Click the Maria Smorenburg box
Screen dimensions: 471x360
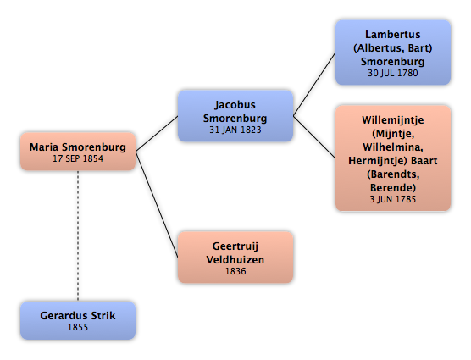coord(78,152)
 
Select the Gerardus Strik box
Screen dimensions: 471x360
coord(78,320)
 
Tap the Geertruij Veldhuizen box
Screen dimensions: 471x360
coord(235,257)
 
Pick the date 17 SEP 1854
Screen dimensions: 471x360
coord(78,158)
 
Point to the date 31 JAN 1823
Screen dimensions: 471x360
coord(235,130)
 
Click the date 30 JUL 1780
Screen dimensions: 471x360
coord(393,73)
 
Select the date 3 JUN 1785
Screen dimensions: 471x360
coord(393,199)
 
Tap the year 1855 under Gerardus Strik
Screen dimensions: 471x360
coord(78,327)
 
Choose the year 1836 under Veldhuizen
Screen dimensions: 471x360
coord(235,271)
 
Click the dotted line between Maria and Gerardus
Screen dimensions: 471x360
coord(78,236)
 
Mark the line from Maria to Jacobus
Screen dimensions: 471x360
coord(157,134)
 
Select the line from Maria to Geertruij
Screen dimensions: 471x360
coord(157,204)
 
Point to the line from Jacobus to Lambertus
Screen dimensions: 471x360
coord(314,85)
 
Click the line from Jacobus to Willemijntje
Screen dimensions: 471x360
coord(314,137)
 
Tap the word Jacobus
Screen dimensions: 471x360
coord(235,105)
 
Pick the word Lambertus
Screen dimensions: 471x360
coord(393,35)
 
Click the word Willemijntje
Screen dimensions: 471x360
coord(393,120)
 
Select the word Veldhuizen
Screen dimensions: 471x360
coord(235,260)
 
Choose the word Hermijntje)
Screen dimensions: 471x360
coord(378,161)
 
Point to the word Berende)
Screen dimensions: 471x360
coord(393,188)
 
